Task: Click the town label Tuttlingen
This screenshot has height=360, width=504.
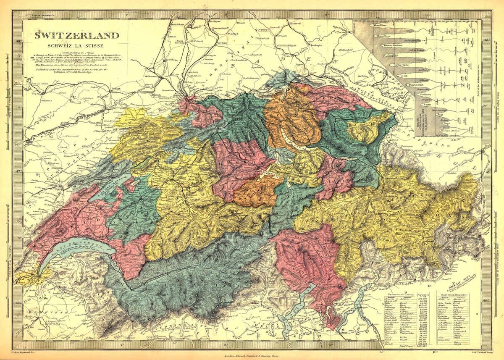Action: [x=313, y=45]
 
